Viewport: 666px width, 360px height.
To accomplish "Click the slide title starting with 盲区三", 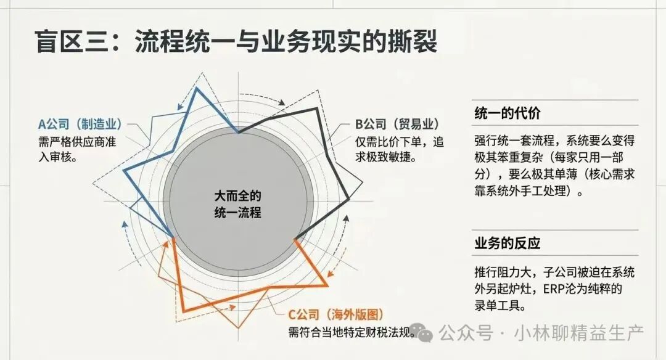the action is click(x=236, y=41).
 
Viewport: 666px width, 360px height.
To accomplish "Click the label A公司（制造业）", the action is click(x=80, y=124).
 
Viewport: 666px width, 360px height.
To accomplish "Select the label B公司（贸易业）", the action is click(x=397, y=124).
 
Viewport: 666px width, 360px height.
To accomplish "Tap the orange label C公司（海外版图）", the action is click(x=336, y=314).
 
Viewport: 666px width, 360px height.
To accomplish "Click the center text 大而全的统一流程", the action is click(x=238, y=204).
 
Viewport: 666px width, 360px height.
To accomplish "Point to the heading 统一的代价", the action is click(x=508, y=113).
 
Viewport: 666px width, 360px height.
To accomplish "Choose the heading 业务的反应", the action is click(x=508, y=243).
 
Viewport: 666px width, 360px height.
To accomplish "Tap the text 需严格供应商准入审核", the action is click(x=77, y=149).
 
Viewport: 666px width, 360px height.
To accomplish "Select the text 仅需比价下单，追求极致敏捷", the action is click(x=399, y=149).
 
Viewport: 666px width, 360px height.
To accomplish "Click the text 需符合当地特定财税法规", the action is click(x=351, y=332).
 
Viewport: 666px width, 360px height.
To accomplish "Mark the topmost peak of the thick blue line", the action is click(x=197, y=88).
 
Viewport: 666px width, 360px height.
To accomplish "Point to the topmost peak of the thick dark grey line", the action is click(x=316, y=108).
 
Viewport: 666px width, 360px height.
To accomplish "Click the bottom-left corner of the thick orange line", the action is click(x=183, y=311).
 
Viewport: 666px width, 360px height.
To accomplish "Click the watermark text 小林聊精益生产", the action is click(x=579, y=333).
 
